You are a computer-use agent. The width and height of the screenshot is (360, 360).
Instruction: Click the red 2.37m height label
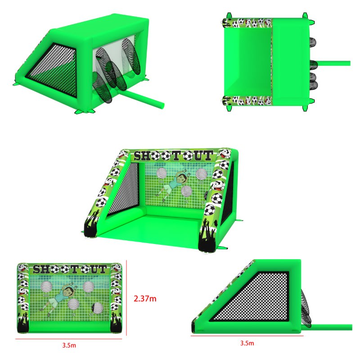145,298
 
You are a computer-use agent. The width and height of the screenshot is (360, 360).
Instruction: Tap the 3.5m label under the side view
247,343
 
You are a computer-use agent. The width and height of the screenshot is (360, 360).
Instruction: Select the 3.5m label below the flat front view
69,345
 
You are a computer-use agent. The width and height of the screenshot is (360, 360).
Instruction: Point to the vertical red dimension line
126,297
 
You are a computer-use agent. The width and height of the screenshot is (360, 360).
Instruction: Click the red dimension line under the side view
247,336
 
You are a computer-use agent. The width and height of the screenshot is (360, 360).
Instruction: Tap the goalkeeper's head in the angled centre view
182,177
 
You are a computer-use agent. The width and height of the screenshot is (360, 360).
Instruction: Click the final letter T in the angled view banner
208,155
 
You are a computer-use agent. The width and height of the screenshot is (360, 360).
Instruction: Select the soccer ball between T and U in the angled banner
188,156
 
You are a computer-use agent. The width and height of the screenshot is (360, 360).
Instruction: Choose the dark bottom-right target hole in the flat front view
97,308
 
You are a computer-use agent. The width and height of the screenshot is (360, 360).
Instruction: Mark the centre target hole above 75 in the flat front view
73,305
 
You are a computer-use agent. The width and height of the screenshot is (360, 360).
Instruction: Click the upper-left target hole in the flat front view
46,287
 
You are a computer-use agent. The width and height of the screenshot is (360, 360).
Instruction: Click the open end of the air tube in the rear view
162,106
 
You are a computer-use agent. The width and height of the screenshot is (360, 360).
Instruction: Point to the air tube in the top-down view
333,63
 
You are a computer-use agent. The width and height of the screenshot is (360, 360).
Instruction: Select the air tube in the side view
331,327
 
